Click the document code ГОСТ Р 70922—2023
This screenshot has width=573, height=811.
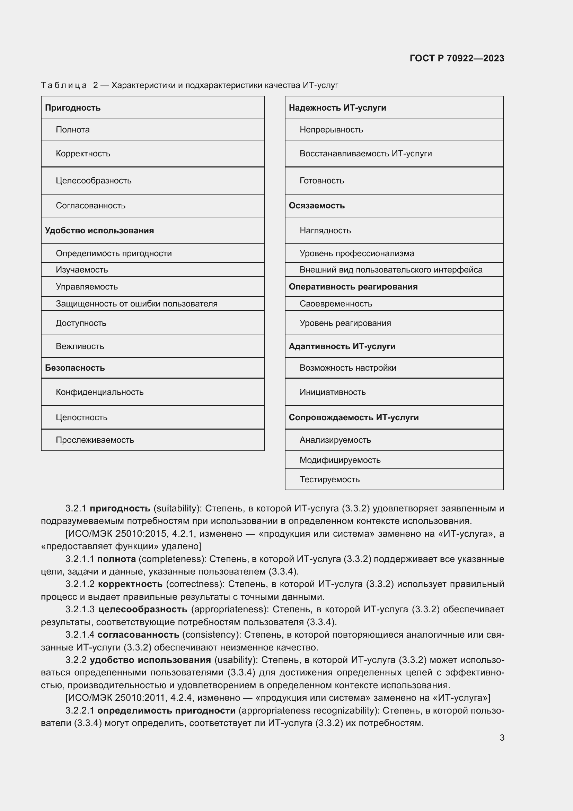pyautogui.click(x=457, y=58)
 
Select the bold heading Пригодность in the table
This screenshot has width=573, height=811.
pyautogui.click(x=73, y=108)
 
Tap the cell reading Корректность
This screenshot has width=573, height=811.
pyautogui.click(x=83, y=154)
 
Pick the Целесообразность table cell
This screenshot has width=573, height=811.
pyautogui.click(x=94, y=181)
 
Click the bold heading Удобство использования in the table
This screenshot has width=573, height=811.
pyautogui.click(x=99, y=231)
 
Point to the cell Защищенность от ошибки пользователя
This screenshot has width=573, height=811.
pyautogui.click(x=136, y=304)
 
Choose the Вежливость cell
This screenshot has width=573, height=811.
pyautogui.click(x=80, y=346)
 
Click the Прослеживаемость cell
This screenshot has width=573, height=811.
pyautogui.click(x=95, y=440)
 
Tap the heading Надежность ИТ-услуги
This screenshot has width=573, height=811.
pyautogui.click(x=337, y=108)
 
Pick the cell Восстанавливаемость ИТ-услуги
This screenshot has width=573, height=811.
pyautogui.click(x=365, y=154)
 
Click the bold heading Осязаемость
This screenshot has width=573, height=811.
pyautogui.click(x=317, y=206)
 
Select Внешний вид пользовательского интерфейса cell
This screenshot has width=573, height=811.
pyautogui.click(x=391, y=270)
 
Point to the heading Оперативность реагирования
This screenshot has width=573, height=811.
pyautogui.click(x=353, y=287)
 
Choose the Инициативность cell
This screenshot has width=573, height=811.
pyautogui.click(x=332, y=392)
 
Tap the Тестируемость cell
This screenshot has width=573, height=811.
pyautogui.click(x=329, y=480)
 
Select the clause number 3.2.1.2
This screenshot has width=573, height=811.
pyautogui.click(x=80, y=584)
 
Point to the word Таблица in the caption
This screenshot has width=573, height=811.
pyautogui.click(x=64, y=86)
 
